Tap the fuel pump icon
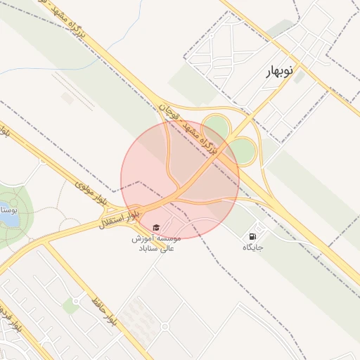(252, 235)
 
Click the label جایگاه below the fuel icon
(252, 247)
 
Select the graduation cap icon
(156, 227)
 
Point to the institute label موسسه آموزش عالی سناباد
(156, 243)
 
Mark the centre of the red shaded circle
(180, 180)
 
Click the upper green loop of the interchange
(216, 127)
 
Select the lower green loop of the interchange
(243, 150)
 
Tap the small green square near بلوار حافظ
(70, 305)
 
